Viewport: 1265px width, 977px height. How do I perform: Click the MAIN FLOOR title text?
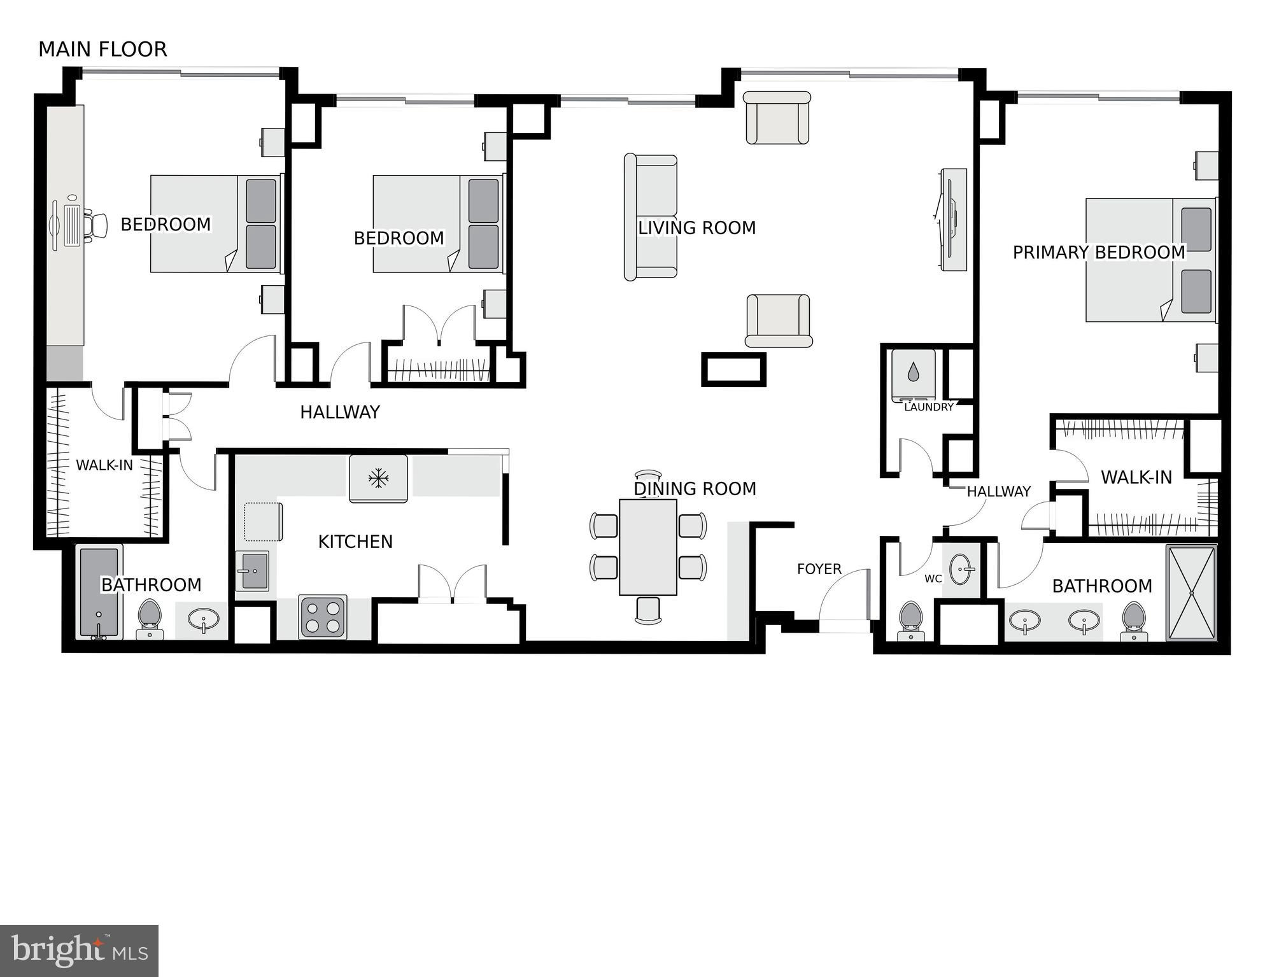tap(102, 50)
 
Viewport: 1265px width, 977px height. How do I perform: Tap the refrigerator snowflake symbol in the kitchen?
tap(379, 477)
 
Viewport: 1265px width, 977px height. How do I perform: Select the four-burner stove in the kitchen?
tap(323, 617)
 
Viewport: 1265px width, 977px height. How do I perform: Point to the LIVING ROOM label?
tap(696, 228)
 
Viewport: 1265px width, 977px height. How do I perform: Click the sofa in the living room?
tap(650, 217)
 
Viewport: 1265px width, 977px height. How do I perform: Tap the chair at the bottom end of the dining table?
tap(648, 610)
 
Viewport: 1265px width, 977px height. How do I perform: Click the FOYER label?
tap(819, 569)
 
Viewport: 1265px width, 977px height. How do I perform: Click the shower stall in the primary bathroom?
tap(1191, 592)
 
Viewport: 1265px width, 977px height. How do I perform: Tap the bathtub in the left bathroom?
tap(99, 592)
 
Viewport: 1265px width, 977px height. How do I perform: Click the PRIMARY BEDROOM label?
tap(1098, 253)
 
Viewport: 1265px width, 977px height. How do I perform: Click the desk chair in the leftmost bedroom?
tap(98, 226)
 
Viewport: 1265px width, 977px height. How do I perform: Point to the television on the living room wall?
tap(952, 219)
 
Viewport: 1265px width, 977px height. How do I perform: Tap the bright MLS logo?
tap(79, 951)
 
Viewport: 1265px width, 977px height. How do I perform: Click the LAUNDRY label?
tap(928, 407)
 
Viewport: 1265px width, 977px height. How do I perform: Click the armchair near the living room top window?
tap(777, 118)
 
